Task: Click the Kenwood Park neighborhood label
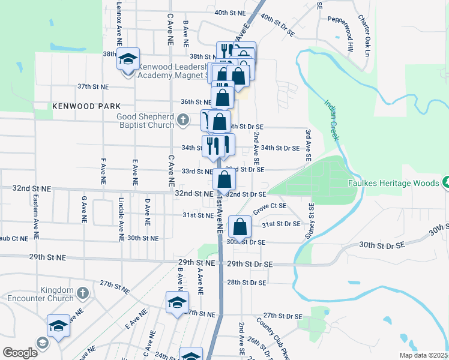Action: [x=78, y=106]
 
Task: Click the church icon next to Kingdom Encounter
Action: [x=83, y=293]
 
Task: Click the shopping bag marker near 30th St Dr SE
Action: [x=240, y=227]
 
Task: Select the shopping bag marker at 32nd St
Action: [x=224, y=179]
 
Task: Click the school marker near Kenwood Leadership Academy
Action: [x=128, y=59]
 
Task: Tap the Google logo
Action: [x=20, y=353]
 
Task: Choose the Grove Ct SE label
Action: [x=270, y=208]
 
